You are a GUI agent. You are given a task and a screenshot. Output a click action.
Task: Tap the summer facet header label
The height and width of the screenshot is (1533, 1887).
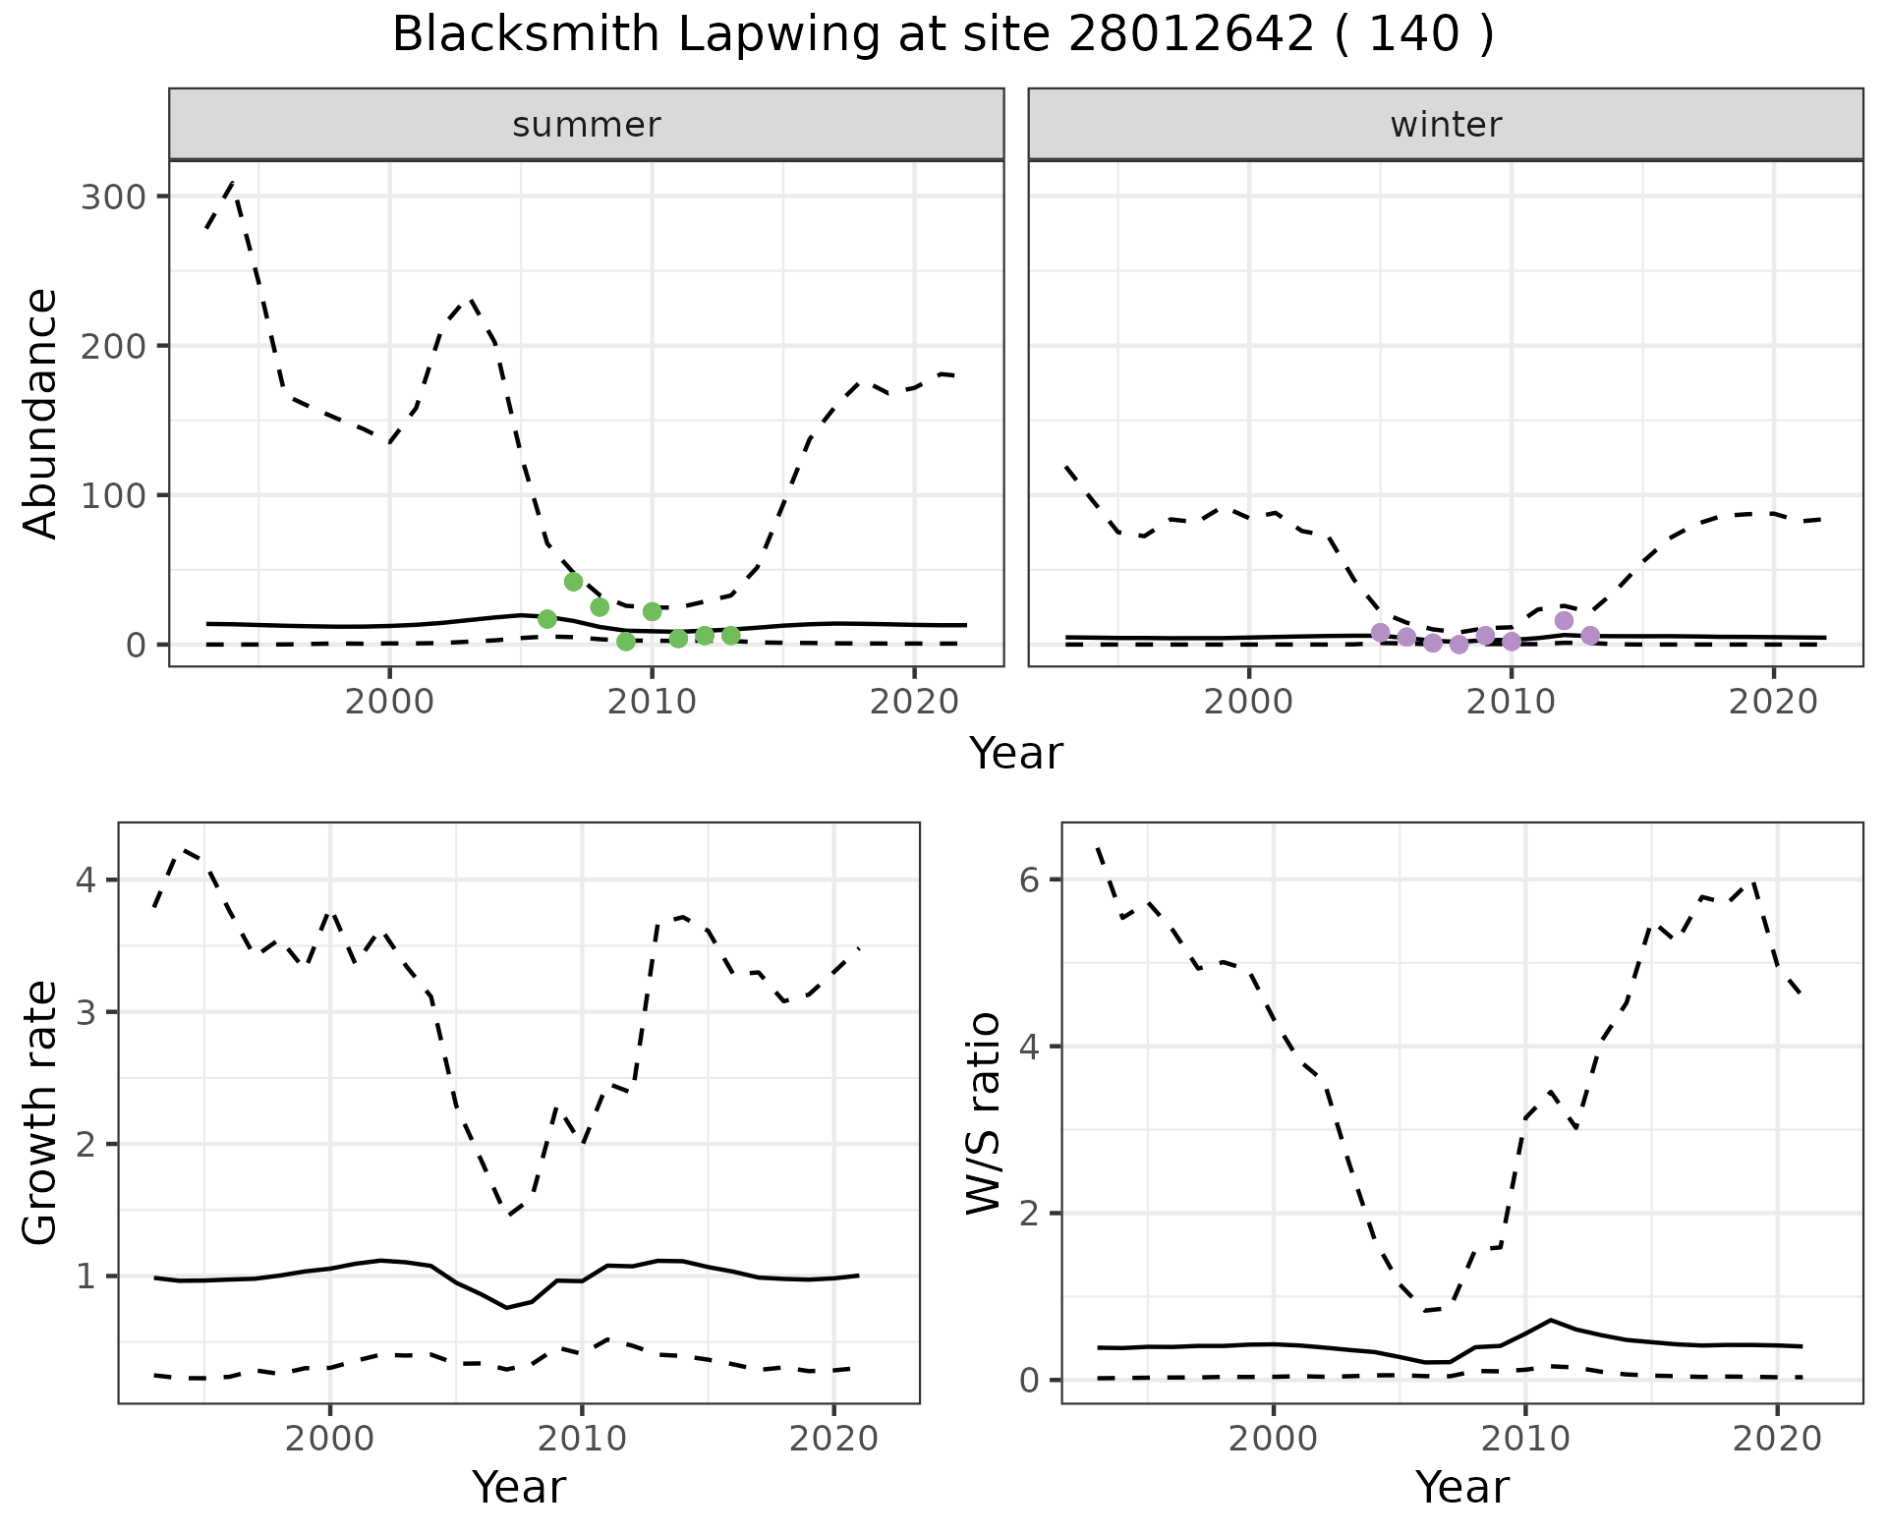coord(587,125)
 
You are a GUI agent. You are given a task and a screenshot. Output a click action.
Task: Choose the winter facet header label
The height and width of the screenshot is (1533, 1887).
coord(1446,125)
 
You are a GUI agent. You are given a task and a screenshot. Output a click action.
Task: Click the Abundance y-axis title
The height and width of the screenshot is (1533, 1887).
coord(41,413)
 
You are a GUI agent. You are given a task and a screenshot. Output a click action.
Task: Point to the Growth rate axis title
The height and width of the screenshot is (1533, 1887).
coord(41,1112)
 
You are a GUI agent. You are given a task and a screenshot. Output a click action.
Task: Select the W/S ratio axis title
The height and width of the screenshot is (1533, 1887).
coord(984,1112)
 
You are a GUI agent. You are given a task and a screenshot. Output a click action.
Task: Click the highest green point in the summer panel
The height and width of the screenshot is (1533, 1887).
coord(574,582)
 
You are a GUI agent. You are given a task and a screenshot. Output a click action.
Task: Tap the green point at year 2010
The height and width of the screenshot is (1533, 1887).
coord(652,611)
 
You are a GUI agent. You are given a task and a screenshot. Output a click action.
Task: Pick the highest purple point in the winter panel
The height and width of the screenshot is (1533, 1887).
coord(1564,620)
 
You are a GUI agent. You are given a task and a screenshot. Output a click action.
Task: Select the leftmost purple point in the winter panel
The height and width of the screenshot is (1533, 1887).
coord(1380,632)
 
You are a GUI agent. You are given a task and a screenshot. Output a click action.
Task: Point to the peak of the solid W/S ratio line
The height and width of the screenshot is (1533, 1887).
coord(1550,1319)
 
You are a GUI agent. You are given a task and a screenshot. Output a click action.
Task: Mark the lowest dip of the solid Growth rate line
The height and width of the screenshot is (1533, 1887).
coord(507,1307)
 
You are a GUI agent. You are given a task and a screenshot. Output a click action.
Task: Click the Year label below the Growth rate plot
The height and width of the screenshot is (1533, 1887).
coord(519,1487)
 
